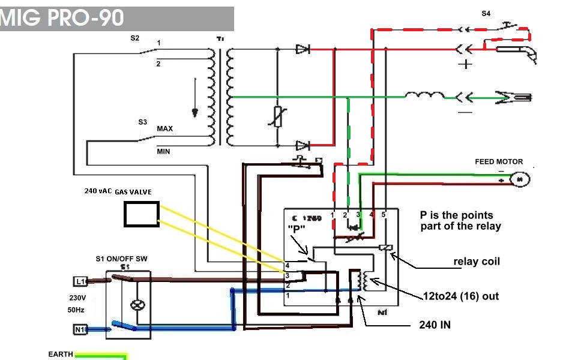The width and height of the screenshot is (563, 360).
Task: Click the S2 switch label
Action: point(135,38)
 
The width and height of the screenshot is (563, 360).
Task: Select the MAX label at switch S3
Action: point(165,129)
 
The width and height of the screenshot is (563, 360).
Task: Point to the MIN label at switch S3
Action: point(163,152)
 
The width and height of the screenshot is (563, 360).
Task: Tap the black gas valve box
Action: point(142,214)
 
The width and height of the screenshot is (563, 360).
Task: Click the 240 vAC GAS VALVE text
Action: point(118,191)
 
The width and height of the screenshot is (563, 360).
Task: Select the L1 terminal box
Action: point(80,281)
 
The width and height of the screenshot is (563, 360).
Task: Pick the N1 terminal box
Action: point(80,329)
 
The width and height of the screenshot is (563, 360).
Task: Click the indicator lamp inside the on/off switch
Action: point(138,304)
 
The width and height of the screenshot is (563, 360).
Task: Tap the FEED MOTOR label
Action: point(499,161)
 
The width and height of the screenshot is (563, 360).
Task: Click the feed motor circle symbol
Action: point(520,179)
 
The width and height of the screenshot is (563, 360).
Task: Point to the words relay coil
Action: point(477,262)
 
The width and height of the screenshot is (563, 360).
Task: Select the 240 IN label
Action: point(435,325)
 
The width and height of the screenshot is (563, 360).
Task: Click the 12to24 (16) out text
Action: point(460,296)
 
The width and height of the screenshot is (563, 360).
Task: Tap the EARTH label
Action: point(61,355)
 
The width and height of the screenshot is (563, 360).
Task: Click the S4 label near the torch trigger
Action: point(486,13)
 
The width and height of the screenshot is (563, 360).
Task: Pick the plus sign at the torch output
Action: point(465,64)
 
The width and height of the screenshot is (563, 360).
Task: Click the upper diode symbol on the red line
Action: point(302,49)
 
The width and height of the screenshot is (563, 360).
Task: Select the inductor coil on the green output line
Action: point(424,95)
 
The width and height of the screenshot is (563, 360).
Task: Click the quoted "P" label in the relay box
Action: point(297,229)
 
